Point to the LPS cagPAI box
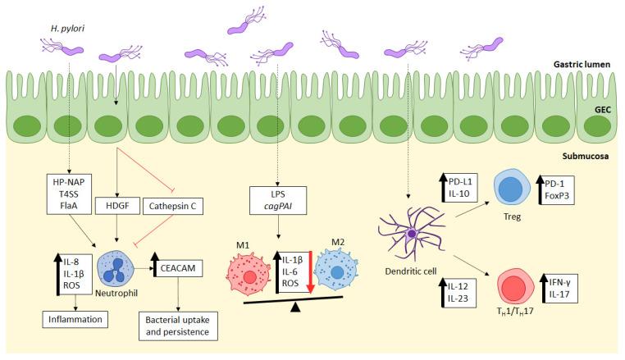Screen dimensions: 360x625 click(x=278, y=202)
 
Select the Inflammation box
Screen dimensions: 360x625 click(x=62, y=316)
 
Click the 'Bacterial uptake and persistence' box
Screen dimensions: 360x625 click(x=180, y=326)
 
